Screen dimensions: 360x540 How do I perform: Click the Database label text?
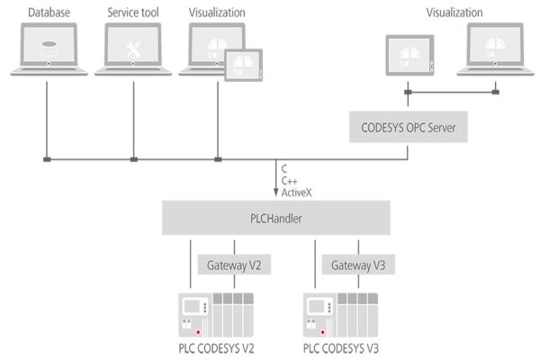(49, 13)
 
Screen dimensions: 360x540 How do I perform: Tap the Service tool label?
(133, 13)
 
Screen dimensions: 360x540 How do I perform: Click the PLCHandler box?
(275, 217)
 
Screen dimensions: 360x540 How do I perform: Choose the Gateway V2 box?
(233, 265)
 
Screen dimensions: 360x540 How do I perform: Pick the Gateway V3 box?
(357, 265)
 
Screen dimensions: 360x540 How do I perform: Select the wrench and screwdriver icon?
(133, 45)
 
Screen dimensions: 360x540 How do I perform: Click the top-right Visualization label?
(454, 13)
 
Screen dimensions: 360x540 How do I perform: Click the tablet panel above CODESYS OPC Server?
(409, 56)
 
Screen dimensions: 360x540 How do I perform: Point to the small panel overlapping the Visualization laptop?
(242, 66)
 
